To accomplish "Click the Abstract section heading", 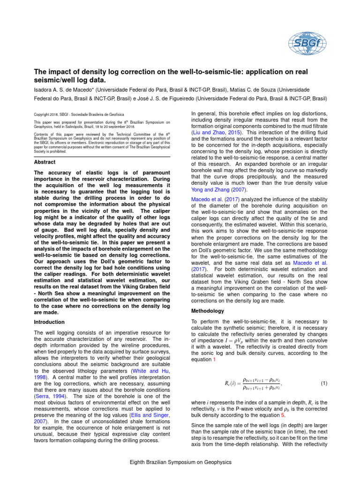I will coord(45,162).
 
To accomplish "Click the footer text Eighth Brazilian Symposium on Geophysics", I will coord(180,462).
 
